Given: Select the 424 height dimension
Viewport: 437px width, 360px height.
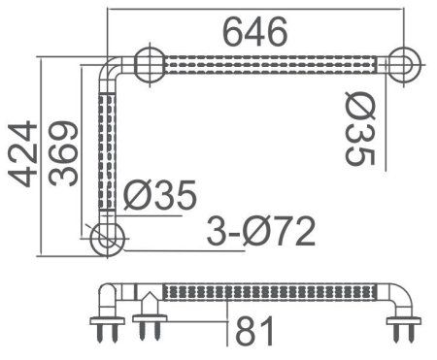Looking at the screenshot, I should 20,153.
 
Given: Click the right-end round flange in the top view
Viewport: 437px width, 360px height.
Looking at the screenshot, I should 402,65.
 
